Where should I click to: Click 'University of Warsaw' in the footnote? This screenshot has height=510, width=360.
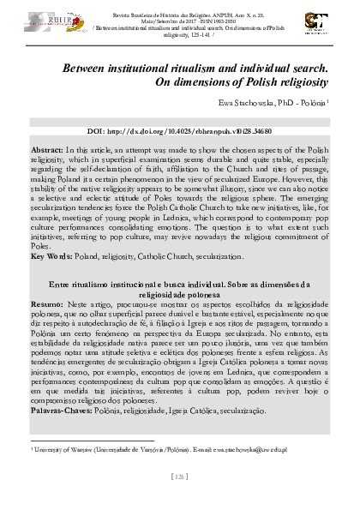tap(62, 448)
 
